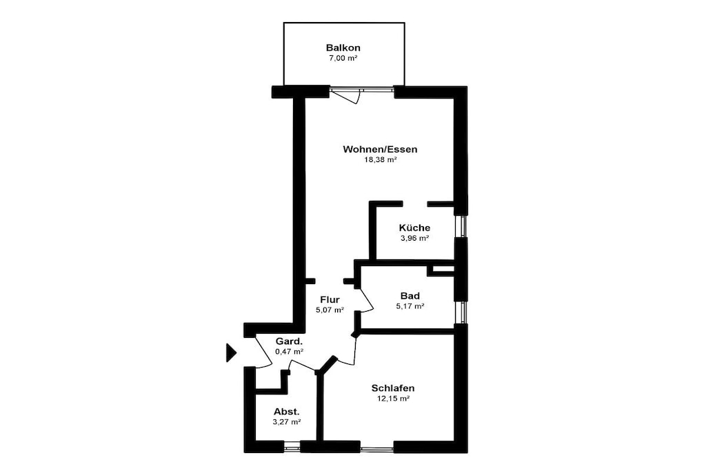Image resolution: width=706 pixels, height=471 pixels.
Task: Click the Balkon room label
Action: pos(343,48)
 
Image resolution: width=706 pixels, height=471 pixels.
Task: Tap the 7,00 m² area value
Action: pos(343,58)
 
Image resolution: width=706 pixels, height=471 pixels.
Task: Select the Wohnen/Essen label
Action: pos(380,149)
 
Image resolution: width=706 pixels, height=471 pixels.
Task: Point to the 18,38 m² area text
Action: pos(380,159)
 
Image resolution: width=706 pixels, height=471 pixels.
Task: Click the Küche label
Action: pos(414,228)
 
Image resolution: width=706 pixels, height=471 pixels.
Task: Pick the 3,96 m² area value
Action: pos(414,238)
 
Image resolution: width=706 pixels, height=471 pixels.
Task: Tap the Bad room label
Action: pos(410,296)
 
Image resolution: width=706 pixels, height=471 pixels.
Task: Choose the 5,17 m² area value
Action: pos(410,306)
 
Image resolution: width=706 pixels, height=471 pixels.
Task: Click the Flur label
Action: pos(330,299)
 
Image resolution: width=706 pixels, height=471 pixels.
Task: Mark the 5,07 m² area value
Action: pos(330,310)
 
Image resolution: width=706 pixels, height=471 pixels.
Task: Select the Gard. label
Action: pos(289,341)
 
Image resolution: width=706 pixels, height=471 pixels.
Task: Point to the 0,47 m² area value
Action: pos(289,352)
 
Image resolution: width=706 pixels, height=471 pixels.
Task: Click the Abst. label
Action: pos(287,412)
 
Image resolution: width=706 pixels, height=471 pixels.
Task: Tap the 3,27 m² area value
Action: pos(287,422)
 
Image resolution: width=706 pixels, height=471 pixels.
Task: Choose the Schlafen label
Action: pos(392,388)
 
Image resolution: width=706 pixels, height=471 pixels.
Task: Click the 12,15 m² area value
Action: pos(392,399)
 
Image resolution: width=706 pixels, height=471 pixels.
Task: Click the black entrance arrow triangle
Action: pos(230,352)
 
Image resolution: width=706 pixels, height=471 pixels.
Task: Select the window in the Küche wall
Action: pos(461,226)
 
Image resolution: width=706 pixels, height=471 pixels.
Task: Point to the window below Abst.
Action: pos(292,446)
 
